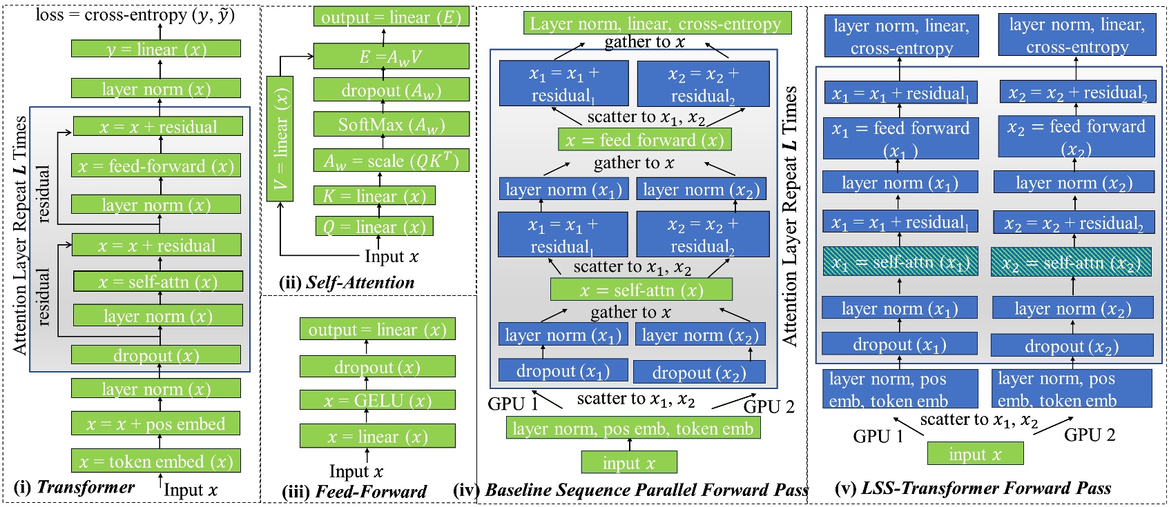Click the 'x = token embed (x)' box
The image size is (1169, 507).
(x=155, y=461)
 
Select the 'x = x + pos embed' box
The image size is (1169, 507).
(x=155, y=424)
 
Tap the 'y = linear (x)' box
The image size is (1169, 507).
(x=156, y=49)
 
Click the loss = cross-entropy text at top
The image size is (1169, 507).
(x=135, y=14)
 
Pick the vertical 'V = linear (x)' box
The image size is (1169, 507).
(x=280, y=139)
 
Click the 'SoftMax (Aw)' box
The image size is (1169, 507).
(x=391, y=125)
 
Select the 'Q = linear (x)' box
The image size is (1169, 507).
(x=374, y=227)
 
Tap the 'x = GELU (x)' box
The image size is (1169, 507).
(x=378, y=400)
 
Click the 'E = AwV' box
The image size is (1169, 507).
(x=391, y=57)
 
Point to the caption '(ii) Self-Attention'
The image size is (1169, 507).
(x=347, y=282)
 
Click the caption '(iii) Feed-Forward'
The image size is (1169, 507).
(x=354, y=491)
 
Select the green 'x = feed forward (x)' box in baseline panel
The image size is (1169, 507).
(x=644, y=140)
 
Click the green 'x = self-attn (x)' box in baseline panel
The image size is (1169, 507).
(x=641, y=290)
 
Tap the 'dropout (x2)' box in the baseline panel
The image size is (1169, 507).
(x=699, y=372)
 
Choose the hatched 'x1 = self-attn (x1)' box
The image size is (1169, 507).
(x=900, y=262)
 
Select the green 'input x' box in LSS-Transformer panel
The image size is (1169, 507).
(x=975, y=454)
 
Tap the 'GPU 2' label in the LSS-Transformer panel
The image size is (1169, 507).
(x=1089, y=435)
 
